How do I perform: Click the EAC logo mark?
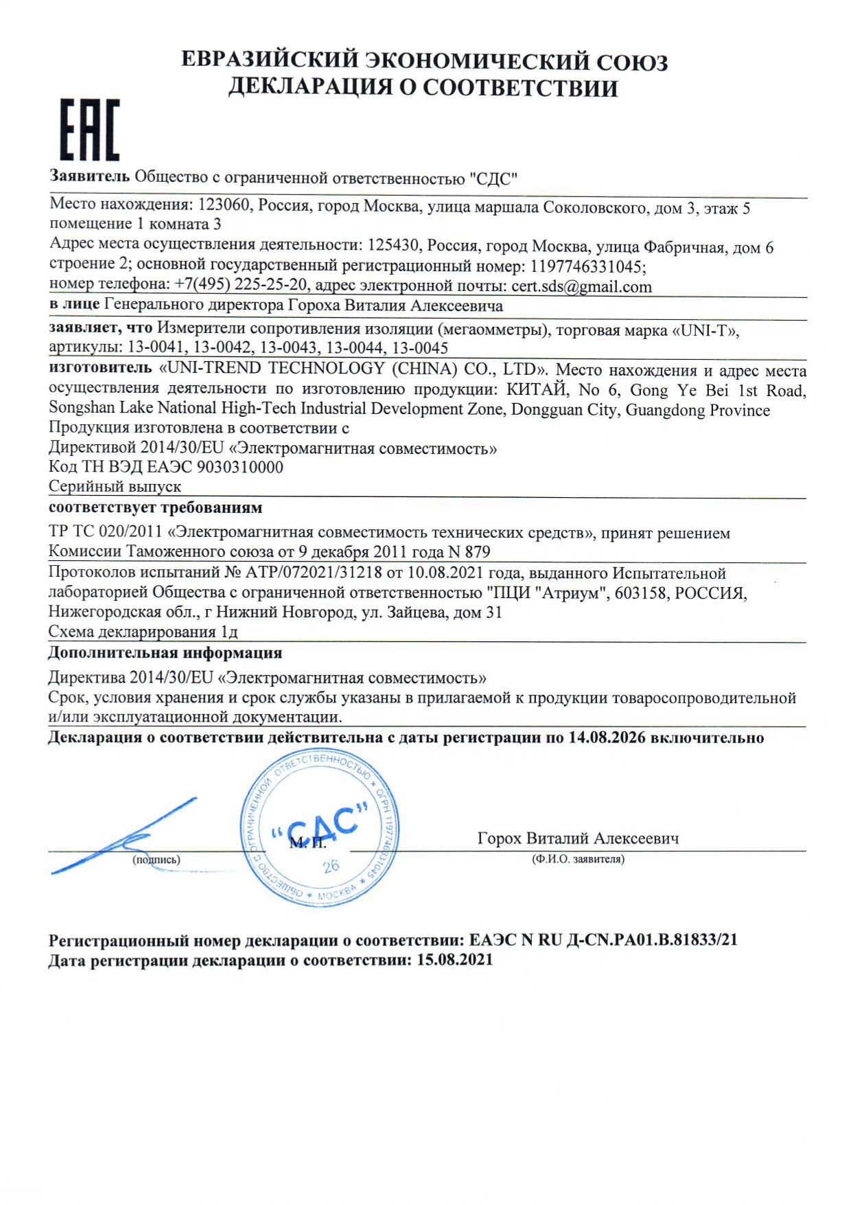[89, 130]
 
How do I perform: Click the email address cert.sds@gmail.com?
[581, 286]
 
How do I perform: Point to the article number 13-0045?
[420, 348]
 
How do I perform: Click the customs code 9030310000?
[240, 468]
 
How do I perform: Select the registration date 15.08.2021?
[455, 960]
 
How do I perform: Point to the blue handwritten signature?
[124, 842]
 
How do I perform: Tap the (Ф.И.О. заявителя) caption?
[579, 860]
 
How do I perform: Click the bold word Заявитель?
[90, 176]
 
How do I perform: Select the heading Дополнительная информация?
[165, 653]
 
